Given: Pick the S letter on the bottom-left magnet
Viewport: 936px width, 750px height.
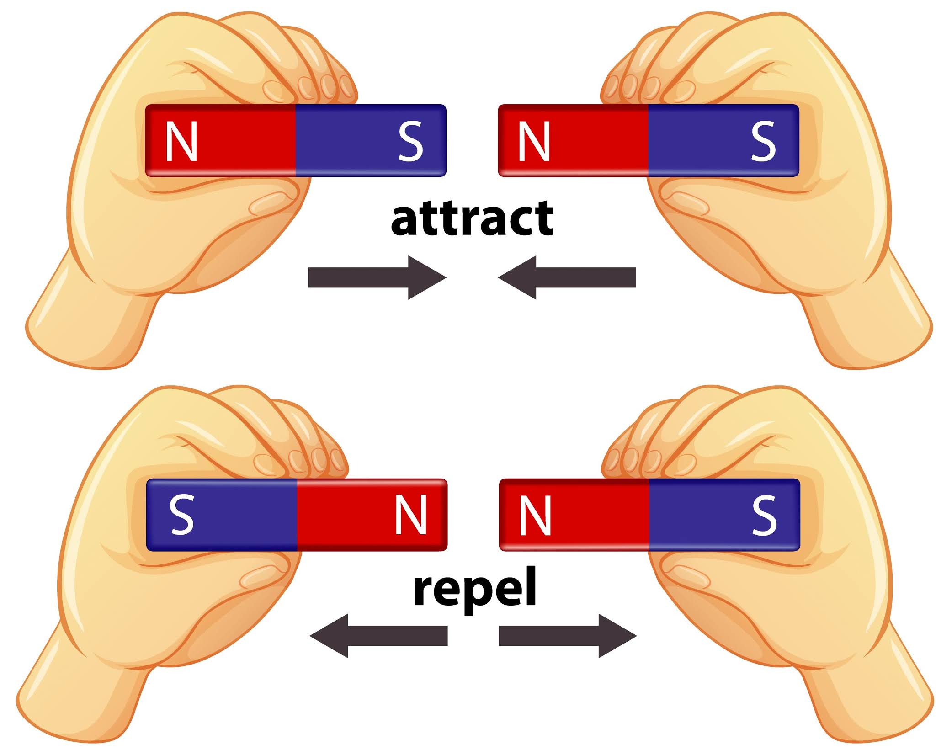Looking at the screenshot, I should point(181,515).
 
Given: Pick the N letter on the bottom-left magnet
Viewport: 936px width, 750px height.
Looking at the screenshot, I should point(411,515).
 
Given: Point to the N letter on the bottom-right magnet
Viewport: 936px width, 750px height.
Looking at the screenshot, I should point(535,515).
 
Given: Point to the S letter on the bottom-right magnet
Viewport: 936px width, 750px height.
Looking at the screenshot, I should point(764,515).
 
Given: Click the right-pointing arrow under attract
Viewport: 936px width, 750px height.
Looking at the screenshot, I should point(377,277).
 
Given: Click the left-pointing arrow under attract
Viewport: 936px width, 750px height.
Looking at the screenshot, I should point(567,277).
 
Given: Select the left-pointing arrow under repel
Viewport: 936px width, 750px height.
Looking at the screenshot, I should point(378,636).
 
